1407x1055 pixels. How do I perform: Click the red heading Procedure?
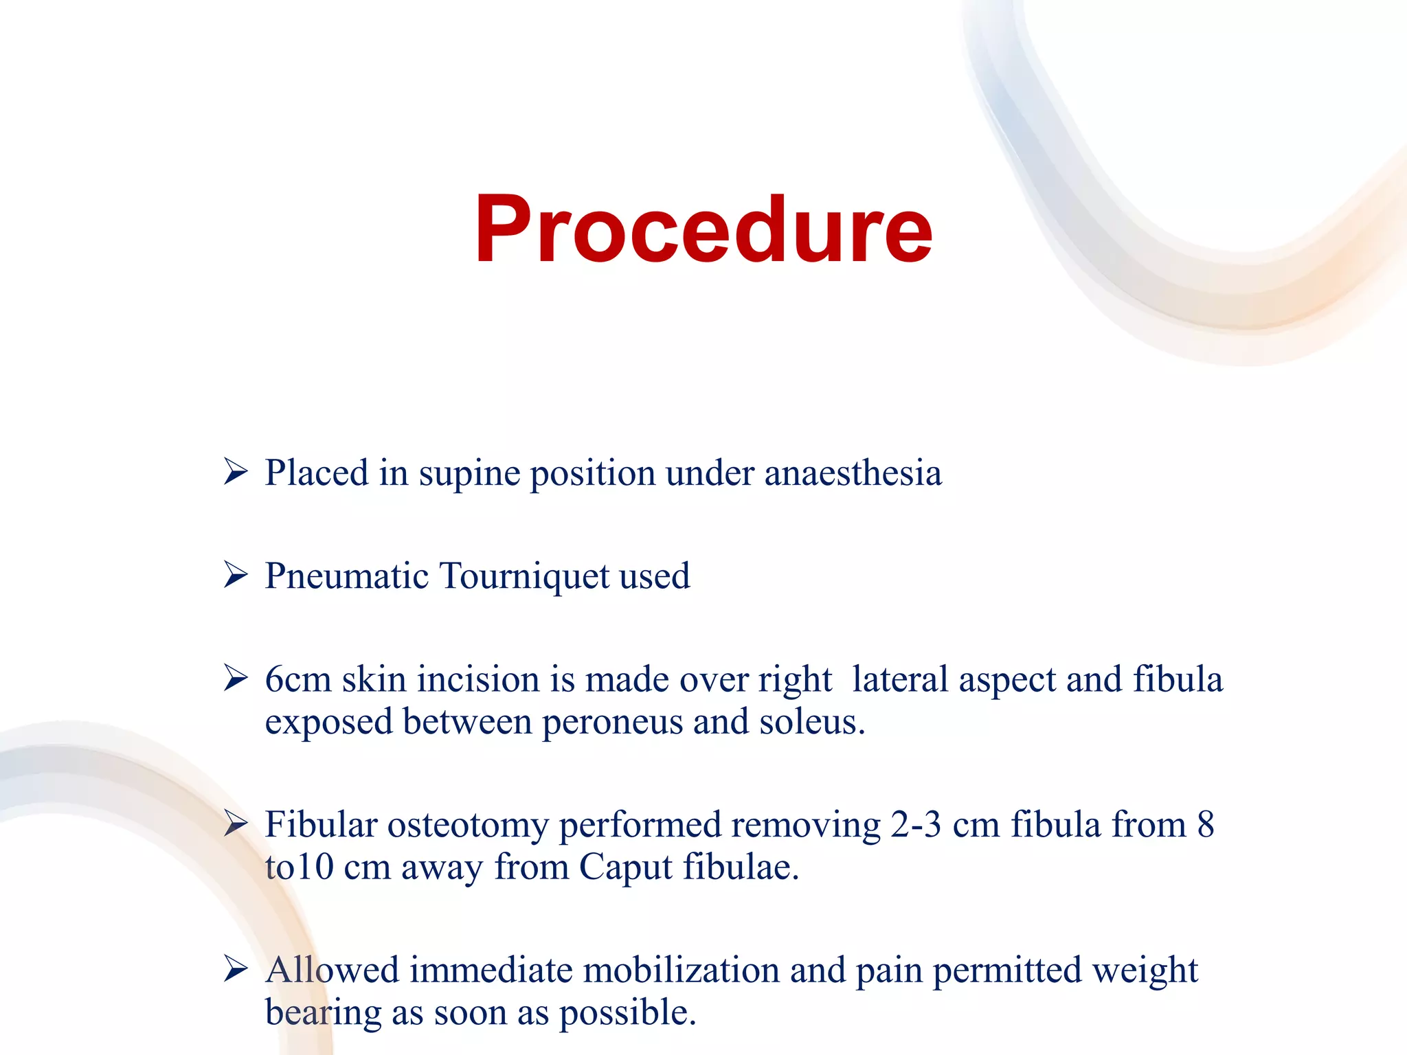(x=703, y=230)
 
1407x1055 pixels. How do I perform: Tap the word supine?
(x=469, y=475)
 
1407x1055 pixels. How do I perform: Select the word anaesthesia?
(x=853, y=473)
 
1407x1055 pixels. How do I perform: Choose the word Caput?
(x=625, y=868)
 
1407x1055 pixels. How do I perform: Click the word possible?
(x=627, y=1014)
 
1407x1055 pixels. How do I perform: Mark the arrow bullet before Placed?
(x=236, y=473)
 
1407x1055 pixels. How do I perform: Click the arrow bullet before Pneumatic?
(x=236, y=575)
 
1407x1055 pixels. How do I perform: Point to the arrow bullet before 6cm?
(x=236, y=679)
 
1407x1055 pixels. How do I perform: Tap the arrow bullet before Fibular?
(x=236, y=824)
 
